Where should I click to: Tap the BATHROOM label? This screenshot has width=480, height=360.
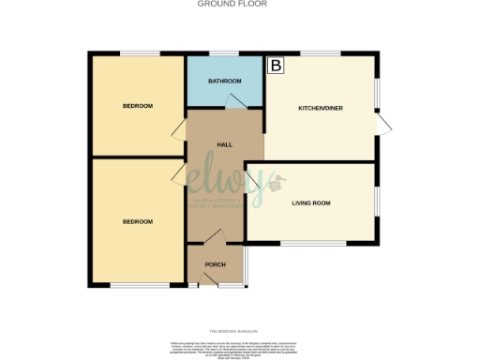pos(224,82)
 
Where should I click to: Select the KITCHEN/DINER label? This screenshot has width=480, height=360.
pos(321,109)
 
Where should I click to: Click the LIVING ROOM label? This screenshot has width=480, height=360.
pos(310,202)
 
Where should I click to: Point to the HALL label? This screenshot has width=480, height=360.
pos(224,145)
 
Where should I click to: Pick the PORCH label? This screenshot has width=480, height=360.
pos(216,264)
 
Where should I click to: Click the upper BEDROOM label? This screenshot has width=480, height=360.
pos(137,106)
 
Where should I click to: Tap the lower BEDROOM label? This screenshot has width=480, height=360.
pos(137,221)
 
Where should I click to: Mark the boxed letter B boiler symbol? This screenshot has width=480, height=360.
pos(276,66)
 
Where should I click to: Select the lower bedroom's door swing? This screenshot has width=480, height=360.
pos(177,172)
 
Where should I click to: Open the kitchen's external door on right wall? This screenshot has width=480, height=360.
pos(382,123)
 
